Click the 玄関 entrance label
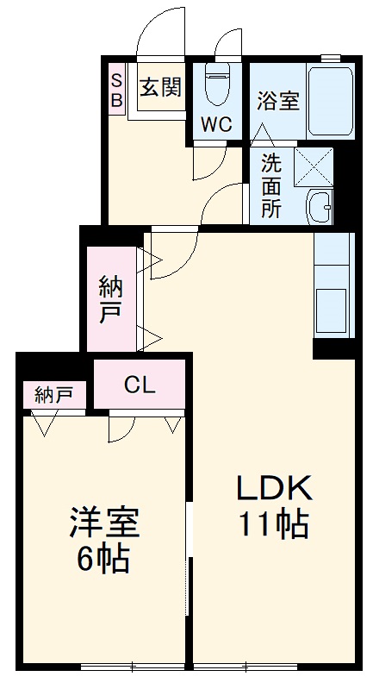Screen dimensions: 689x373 pyautogui.click(x=159, y=88)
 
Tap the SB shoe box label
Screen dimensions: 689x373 pyautogui.click(x=116, y=89)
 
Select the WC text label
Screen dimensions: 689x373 pyautogui.click(x=216, y=123)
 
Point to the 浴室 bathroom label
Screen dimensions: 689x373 pyautogui.click(x=277, y=100)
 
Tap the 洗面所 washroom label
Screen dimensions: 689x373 pyautogui.click(x=270, y=185)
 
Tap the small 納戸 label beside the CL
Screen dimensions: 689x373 pyautogui.click(x=53, y=395)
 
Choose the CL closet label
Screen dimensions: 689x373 pyautogui.click(x=139, y=385)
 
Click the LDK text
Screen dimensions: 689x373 pyautogui.click(x=273, y=489)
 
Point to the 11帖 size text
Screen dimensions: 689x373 pyautogui.click(x=274, y=523)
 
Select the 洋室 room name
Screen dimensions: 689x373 pyautogui.click(x=103, y=523)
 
